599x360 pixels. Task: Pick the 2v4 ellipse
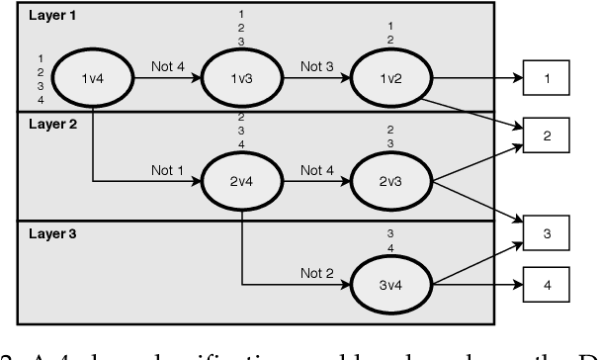tap(240, 181)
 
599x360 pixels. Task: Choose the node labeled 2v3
tap(388, 181)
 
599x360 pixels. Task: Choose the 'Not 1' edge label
tap(167, 170)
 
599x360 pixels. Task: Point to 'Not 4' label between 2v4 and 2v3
tap(314, 170)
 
